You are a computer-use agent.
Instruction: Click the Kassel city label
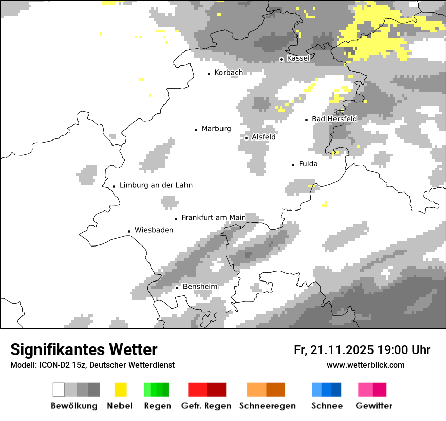(x=298, y=58)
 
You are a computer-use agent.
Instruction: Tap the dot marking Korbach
(x=209, y=74)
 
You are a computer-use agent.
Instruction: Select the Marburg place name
(x=216, y=129)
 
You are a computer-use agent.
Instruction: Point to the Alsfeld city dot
(x=246, y=138)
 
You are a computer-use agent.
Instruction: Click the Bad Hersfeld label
(x=334, y=119)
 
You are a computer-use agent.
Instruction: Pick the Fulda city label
(x=308, y=164)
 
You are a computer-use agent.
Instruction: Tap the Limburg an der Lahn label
(x=156, y=185)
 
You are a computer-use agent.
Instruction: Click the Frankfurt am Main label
(x=213, y=218)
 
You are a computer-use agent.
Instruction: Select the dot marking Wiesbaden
(x=129, y=231)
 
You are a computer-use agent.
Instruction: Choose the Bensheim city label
(x=200, y=287)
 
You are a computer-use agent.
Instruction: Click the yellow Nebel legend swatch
(x=120, y=390)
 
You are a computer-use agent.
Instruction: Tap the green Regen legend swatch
(x=157, y=390)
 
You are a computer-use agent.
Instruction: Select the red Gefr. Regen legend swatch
(x=207, y=390)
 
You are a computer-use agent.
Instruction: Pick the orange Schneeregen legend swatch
(x=267, y=390)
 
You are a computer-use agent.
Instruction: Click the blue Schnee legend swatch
(x=326, y=390)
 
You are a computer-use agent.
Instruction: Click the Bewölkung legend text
(x=74, y=406)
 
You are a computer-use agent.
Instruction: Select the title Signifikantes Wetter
(x=84, y=349)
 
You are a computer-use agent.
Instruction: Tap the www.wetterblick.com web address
(x=366, y=365)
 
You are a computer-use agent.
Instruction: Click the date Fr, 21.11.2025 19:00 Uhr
(x=362, y=350)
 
